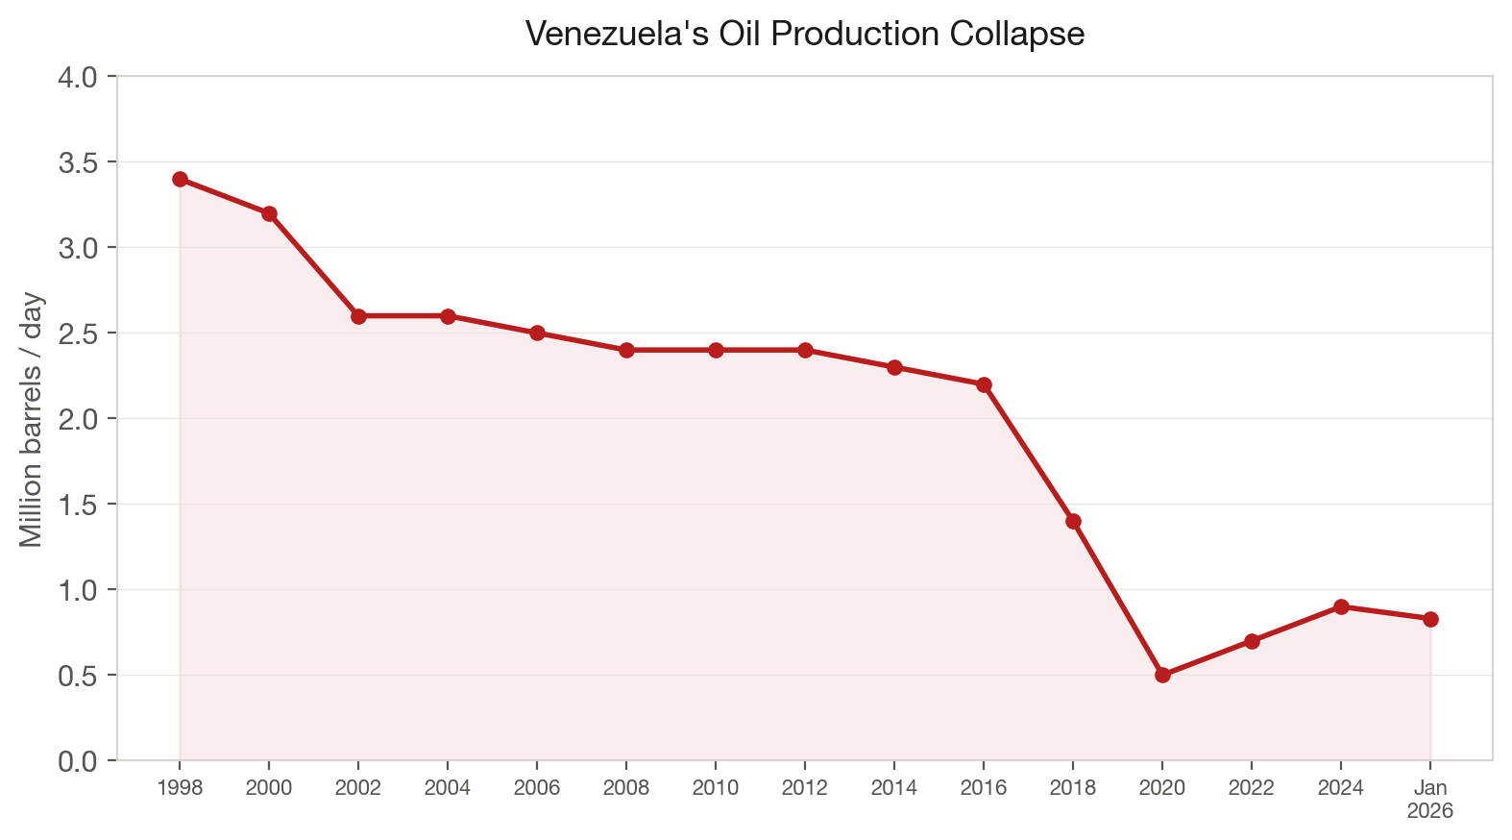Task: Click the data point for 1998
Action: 180,179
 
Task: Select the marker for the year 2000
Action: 269,213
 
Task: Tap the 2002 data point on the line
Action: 358,316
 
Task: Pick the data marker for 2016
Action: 984,384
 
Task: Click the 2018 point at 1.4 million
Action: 1073,521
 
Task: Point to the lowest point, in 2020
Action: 1162,675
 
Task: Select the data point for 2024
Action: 1341,606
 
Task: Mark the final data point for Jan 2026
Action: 1430,619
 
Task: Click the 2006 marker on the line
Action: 537,333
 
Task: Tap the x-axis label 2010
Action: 716,788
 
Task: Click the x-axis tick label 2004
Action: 448,788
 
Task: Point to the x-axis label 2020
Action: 1162,788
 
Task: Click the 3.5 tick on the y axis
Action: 78,162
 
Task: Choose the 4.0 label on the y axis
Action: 78,77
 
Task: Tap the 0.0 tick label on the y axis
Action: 78,761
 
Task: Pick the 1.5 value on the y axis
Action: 78,505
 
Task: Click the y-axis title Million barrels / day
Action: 32,419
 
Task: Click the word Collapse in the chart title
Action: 1017,35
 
